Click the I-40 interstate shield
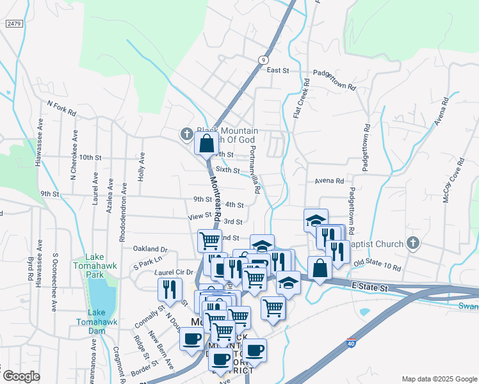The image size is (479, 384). tap(352, 342)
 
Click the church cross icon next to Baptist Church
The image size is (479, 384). tap(413, 243)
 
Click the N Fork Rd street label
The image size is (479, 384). tap(61, 107)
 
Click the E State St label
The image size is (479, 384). tap(369, 289)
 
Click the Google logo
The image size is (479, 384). tap(21, 376)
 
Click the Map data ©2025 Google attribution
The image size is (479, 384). tap(439, 379)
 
